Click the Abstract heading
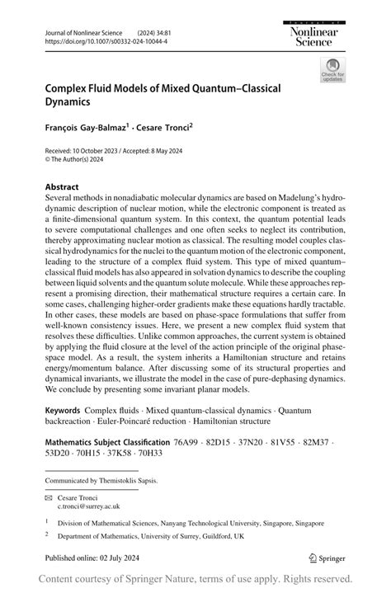pyautogui.click(x=62, y=187)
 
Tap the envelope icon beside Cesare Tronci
pyautogui.click(x=49, y=497)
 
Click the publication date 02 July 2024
pyautogui.click(x=119, y=558)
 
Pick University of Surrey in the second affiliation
pyautogui.click(x=183, y=536)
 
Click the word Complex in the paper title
pyautogui.click(x=68, y=87)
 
